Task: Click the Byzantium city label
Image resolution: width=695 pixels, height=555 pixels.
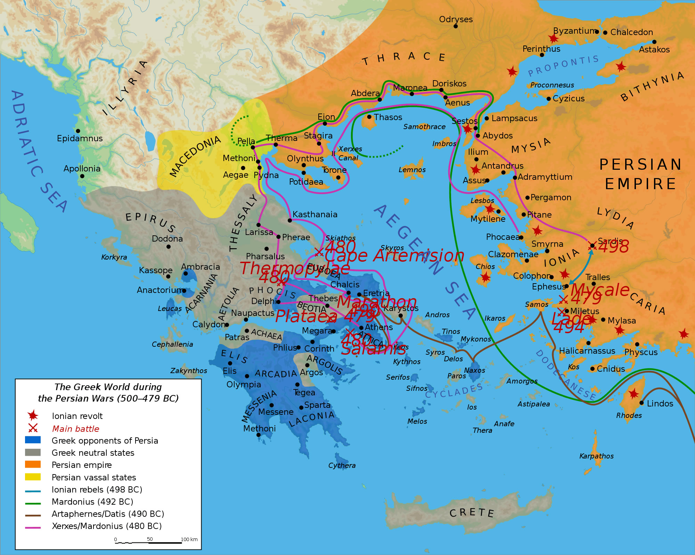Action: pos(574,31)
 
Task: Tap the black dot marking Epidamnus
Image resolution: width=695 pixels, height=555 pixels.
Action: pos(78,131)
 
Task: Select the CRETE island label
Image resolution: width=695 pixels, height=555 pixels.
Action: pos(472,513)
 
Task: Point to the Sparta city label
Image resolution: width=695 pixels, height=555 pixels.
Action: pos(317,405)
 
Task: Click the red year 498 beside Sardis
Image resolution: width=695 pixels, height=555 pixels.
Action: pos(613,247)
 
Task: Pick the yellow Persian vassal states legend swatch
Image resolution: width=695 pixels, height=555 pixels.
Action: pos(33,477)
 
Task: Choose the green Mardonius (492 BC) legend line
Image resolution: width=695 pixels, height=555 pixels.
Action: pos(33,503)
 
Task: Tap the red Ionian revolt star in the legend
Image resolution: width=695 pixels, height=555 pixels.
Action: pos(33,415)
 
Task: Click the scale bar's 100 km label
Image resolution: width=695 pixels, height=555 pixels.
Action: pos(189,539)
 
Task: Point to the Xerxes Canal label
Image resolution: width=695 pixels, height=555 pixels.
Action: pos(350,153)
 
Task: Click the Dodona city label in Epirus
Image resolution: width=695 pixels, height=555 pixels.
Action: pos(167,239)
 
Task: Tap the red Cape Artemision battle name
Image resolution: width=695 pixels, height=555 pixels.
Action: pos(394,256)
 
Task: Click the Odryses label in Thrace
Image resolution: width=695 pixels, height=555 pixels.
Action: pos(456,19)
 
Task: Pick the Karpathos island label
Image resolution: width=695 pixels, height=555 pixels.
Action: pos(596,456)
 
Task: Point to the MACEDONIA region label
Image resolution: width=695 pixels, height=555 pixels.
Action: pos(195,156)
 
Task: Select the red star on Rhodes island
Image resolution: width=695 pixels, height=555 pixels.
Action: pos(633,394)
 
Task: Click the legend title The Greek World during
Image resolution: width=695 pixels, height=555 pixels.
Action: pos(108,387)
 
